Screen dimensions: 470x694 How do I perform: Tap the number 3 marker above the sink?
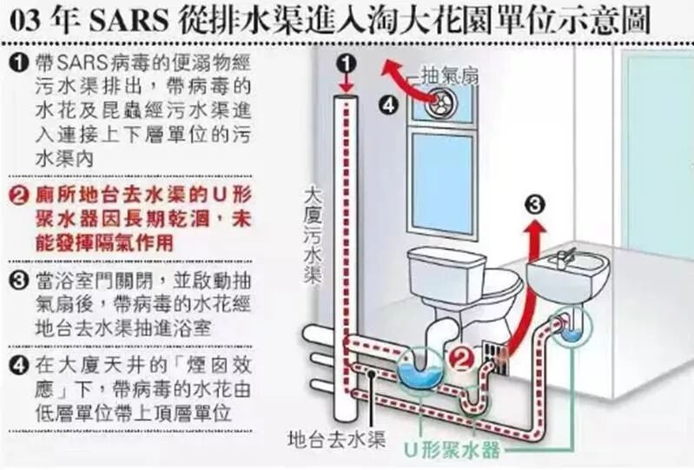pyautogui.click(x=537, y=205)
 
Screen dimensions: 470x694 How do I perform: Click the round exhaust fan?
pyautogui.click(x=441, y=103)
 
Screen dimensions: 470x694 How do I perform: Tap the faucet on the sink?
pyautogui.click(x=565, y=255)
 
